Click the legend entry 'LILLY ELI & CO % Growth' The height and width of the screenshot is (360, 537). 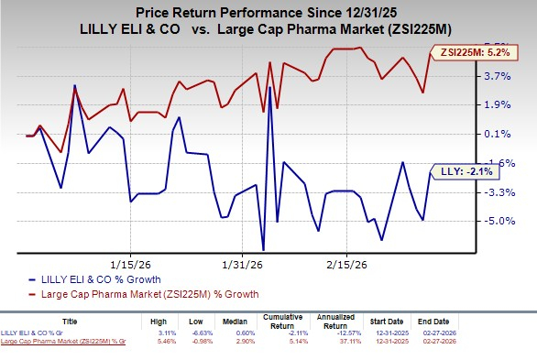101,279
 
